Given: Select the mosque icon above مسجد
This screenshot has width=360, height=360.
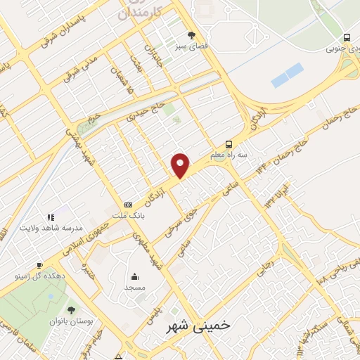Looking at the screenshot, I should [134, 276].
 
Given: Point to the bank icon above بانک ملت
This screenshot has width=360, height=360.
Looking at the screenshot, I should [127, 204].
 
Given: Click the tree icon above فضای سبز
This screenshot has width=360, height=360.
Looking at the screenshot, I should [192, 34].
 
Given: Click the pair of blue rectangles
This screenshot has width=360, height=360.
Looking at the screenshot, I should [287, 75].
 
